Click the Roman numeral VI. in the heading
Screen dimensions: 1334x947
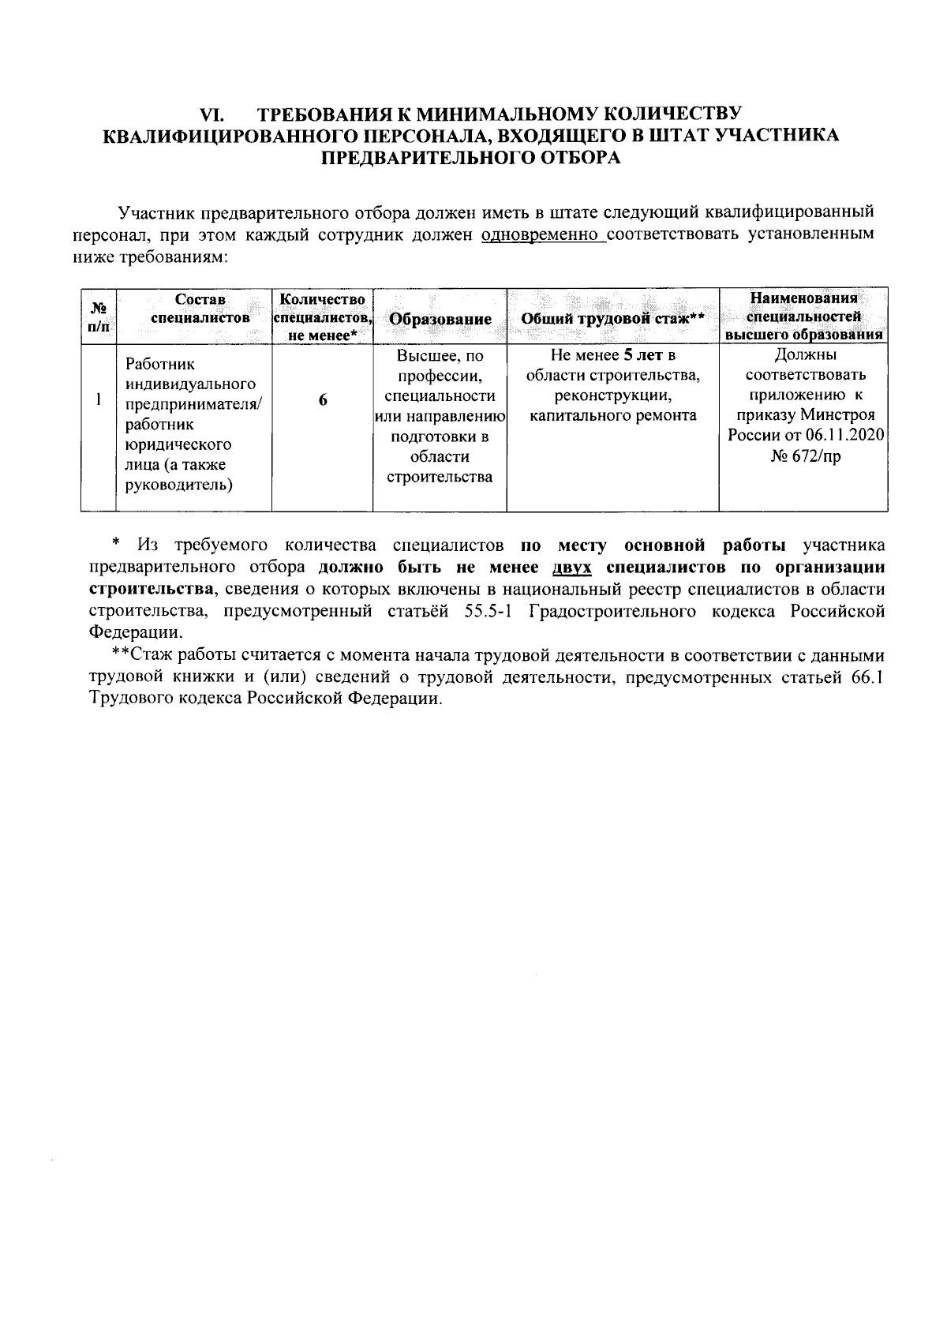[214, 113]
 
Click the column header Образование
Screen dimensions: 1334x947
[440, 319]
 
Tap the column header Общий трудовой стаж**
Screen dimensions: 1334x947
[612, 319]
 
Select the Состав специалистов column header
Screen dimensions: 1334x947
[200, 309]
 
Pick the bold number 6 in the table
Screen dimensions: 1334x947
[323, 400]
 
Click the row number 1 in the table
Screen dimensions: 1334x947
[98, 400]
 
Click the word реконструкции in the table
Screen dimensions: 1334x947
[612, 395]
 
